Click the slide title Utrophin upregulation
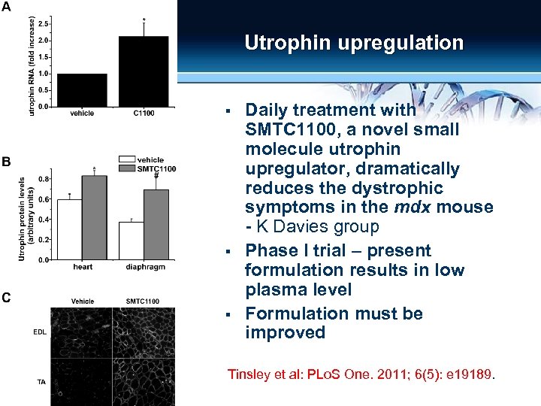[x=354, y=43]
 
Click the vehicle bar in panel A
[x=82, y=89]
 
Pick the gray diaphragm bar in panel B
[x=156, y=224]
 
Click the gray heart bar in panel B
[x=94, y=217]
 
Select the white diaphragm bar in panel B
[x=131, y=241]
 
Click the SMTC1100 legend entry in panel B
[x=156, y=169]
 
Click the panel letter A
[x=7, y=8]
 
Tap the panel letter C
[x=6, y=298]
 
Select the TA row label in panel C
[x=41, y=381]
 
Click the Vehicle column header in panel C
[x=83, y=301]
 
